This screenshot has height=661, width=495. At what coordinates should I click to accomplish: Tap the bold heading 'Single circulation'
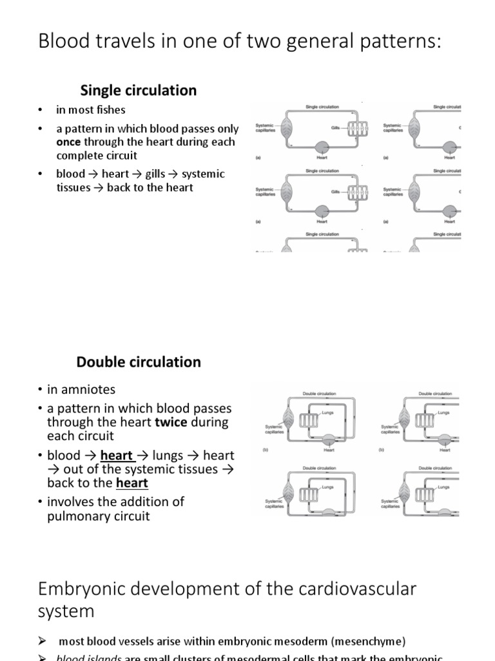(x=138, y=90)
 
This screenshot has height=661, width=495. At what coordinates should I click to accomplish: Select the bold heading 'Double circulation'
(x=139, y=362)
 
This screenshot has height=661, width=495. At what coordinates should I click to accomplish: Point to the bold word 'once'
(x=68, y=142)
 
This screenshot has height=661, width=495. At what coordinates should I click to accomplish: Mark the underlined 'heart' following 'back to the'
(x=132, y=483)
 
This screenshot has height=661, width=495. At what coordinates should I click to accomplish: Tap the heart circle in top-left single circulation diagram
(x=322, y=147)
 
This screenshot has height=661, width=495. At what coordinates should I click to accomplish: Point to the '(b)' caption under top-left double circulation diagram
(x=265, y=449)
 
